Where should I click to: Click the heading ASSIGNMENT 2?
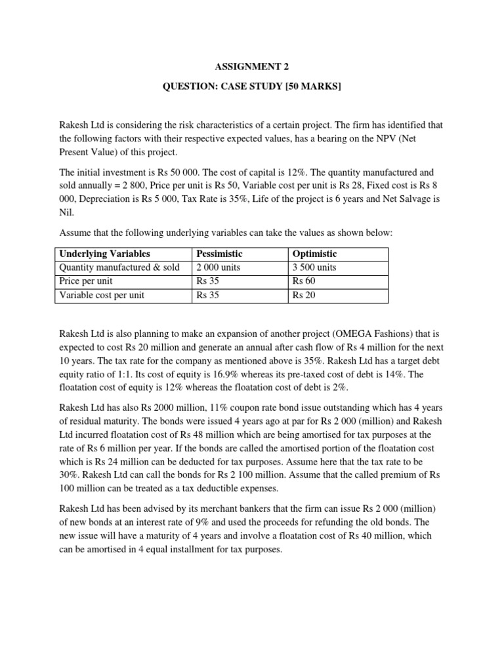(x=251, y=66)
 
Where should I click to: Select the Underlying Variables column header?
(x=104, y=254)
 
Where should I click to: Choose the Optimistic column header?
(x=314, y=254)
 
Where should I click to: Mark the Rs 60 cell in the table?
(x=303, y=281)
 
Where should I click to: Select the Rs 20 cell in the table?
(x=303, y=295)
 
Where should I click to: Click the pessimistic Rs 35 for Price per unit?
(x=207, y=281)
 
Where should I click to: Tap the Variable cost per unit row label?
(x=102, y=295)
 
